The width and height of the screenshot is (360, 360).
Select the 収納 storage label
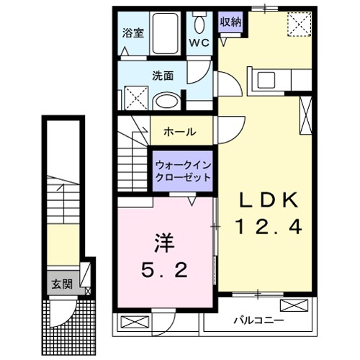pyautogui.click(x=230, y=22)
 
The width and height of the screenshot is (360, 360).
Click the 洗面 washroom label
pyautogui.click(x=162, y=75)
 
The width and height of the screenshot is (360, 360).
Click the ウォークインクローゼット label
pyautogui.click(x=182, y=170)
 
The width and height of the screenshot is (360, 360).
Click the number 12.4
pyautogui.click(x=268, y=227)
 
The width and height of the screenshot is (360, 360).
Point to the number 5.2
pyautogui.click(x=165, y=270)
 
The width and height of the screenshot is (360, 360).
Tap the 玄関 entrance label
pyautogui.click(x=60, y=283)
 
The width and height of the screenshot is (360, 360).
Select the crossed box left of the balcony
pyautogui.click(x=133, y=322)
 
